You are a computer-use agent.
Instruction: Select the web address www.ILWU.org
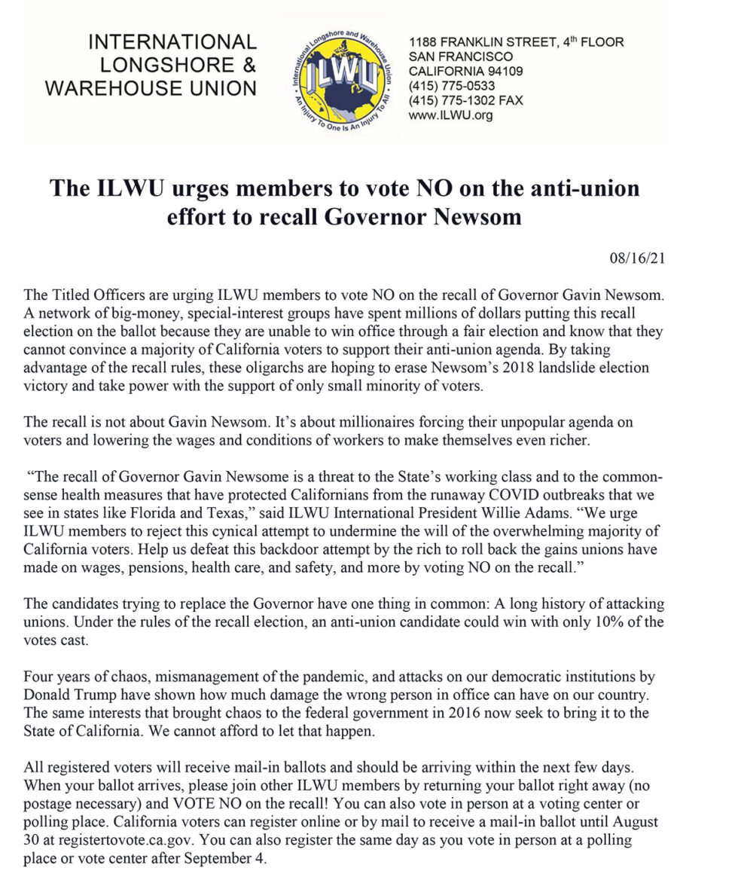450,116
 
